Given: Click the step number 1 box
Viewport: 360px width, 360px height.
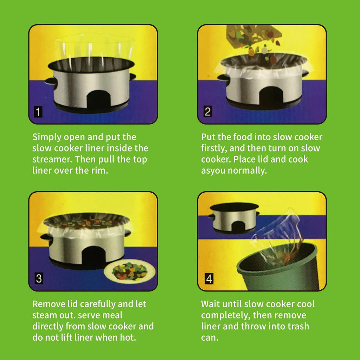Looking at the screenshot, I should coord(38,112).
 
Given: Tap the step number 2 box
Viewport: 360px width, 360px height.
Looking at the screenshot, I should coord(207,112).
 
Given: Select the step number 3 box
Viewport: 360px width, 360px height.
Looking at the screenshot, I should coord(39,279).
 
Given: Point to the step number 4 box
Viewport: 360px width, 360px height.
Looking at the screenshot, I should coord(209,279).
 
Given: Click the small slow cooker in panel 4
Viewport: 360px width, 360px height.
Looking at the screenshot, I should coord(234,218).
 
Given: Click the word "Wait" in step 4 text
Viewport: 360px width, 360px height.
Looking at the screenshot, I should coord(211,304).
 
